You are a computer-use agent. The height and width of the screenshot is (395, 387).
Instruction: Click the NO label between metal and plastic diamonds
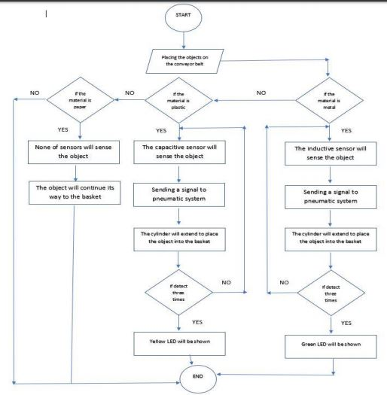(261, 93)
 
